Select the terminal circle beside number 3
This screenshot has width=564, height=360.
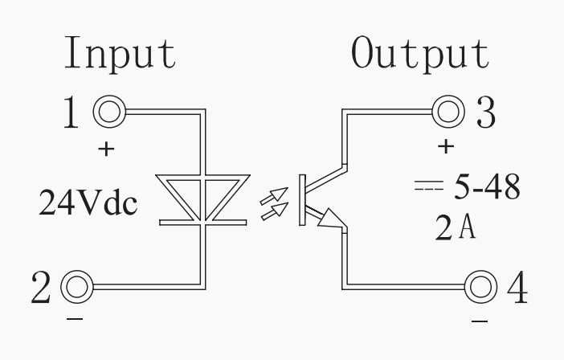pyautogui.click(x=448, y=111)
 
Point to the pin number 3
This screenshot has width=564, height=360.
pyautogui.click(x=485, y=112)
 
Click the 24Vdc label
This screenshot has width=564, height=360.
pyautogui.click(x=88, y=203)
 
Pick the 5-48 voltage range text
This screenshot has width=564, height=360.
pyautogui.click(x=484, y=187)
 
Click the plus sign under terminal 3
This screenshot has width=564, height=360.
pyautogui.click(x=448, y=147)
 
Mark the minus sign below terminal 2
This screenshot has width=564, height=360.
pyautogui.click(x=73, y=319)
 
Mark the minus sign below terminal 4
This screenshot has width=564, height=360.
pyautogui.click(x=479, y=320)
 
